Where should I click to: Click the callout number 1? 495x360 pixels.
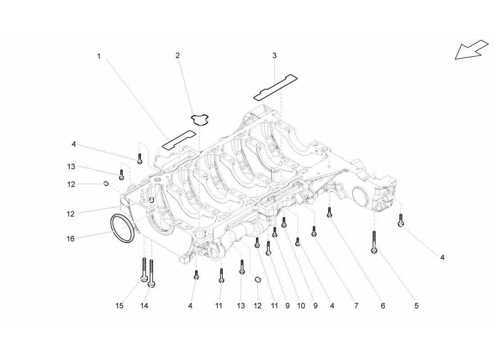(99, 56)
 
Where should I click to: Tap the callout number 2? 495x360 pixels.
(178, 55)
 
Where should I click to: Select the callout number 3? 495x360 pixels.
(274, 56)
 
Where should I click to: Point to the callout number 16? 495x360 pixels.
(71, 239)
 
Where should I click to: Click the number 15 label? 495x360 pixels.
(119, 306)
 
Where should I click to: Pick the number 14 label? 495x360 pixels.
(144, 306)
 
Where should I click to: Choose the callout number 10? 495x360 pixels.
(301, 306)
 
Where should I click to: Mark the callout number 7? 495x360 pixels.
(356, 306)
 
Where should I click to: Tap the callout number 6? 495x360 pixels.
(383, 306)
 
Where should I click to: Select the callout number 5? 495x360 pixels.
(416, 306)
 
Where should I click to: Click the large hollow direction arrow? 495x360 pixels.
(471, 49)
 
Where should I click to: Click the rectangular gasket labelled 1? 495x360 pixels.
(179, 139)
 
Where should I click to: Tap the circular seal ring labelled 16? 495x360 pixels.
(122, 229)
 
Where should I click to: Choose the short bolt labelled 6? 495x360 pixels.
(330, 213)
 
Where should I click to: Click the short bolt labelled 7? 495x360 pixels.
(314, 231)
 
